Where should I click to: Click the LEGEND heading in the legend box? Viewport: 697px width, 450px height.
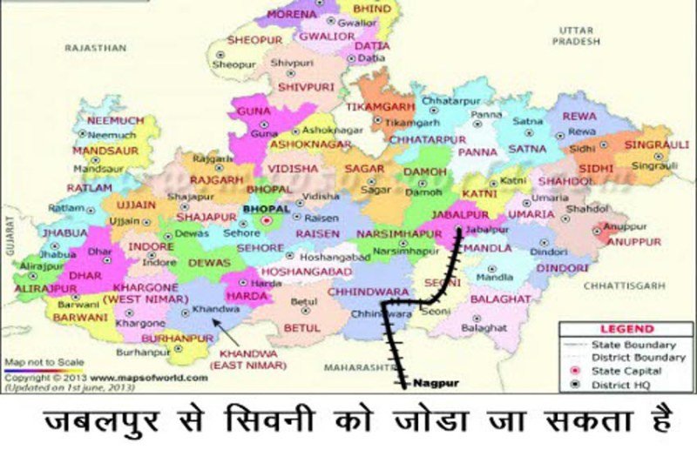click(x=626, y=329)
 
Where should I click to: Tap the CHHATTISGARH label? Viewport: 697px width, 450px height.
click(x=622, y=285)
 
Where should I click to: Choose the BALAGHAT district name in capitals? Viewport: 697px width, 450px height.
click(x=500, y=298)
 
